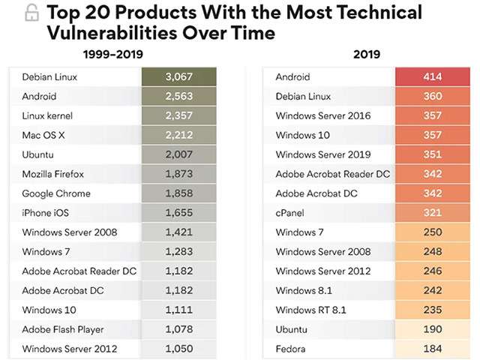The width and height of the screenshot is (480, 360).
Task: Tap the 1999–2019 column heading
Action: [x=112, y=54]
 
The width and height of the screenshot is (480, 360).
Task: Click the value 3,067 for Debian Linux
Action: [x=179, y=77]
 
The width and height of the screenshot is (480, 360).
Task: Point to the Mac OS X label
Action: [x=43, y=135]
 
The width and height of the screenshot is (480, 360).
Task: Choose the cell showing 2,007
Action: [x=179, y=154]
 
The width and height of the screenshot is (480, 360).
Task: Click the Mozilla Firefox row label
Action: [x=53, y=174]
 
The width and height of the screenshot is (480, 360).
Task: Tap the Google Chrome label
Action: [x=56, y=193]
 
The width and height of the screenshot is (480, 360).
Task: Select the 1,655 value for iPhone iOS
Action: [x=179, y=213]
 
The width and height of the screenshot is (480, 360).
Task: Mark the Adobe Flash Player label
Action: [x=63, y=329]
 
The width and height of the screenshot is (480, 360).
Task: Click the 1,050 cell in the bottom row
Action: [x=179, y=349]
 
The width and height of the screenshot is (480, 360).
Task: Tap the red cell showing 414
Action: [x=432, y=77]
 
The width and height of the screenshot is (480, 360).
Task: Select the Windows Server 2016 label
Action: [x=323, y=115]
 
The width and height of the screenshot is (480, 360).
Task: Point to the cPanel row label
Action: [x=289, y=213]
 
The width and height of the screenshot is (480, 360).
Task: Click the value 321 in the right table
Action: [x=432, y=213]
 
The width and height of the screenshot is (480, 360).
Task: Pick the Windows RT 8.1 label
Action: [x=310, y=310]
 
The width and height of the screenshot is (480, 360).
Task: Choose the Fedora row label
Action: [x=291, y=349]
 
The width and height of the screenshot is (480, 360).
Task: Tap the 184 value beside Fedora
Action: [x=432, y=349]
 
